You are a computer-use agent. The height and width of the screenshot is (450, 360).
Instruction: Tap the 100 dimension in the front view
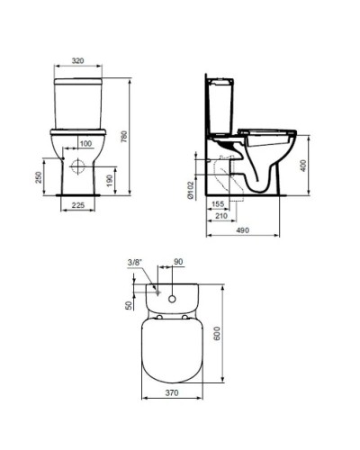(86, 144)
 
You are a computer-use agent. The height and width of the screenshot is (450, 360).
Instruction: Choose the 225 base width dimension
(79, 204)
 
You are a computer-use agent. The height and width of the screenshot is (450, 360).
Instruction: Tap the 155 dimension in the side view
(218, 204)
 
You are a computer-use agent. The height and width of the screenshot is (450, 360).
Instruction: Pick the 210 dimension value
(221, 216)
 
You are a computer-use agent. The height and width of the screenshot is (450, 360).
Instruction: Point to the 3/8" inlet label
(135, 262)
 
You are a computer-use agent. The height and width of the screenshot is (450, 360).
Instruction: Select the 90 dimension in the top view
(177, 262)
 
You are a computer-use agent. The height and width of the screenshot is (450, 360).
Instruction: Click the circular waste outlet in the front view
(79, 166)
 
